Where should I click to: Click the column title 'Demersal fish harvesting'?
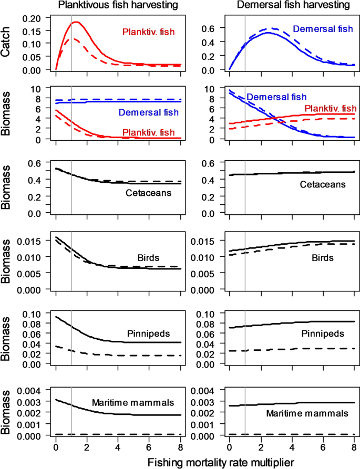[x=293, y=6]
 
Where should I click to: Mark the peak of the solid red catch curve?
[x=77, y=22]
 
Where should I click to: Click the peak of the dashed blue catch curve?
[x=273, y=28]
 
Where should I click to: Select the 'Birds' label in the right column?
[x=320, y=257]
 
